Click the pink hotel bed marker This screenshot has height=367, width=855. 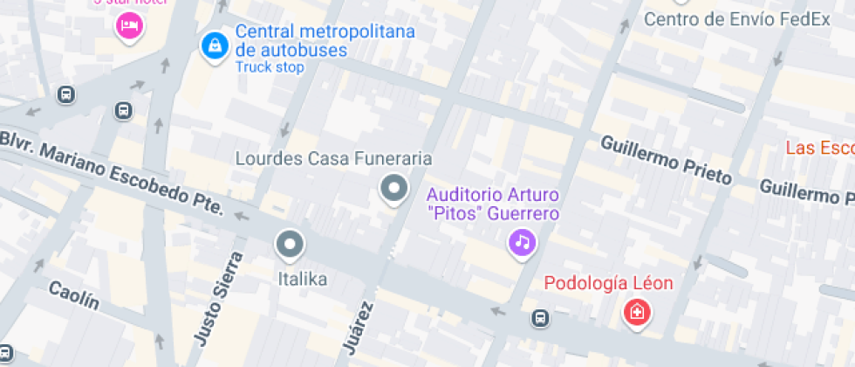(x=129, y=24)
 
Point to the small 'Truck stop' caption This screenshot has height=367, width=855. (x=270, y=67)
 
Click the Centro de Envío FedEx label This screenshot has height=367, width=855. (x=737, y=19)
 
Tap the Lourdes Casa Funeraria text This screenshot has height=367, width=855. (x=335, y=159)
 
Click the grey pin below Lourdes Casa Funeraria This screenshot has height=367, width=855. (x=394, y=188)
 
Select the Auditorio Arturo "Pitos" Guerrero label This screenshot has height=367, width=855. (x=493, y=203)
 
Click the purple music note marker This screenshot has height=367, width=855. (x=522, y=241)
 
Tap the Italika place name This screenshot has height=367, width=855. (x=302, y=280)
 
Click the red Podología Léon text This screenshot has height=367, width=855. (x=608, y=283)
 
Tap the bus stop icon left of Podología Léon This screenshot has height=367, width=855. (x=541, y=318)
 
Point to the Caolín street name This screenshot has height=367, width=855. (x=73, y=295)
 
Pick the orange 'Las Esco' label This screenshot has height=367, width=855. (x=819, y=147)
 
